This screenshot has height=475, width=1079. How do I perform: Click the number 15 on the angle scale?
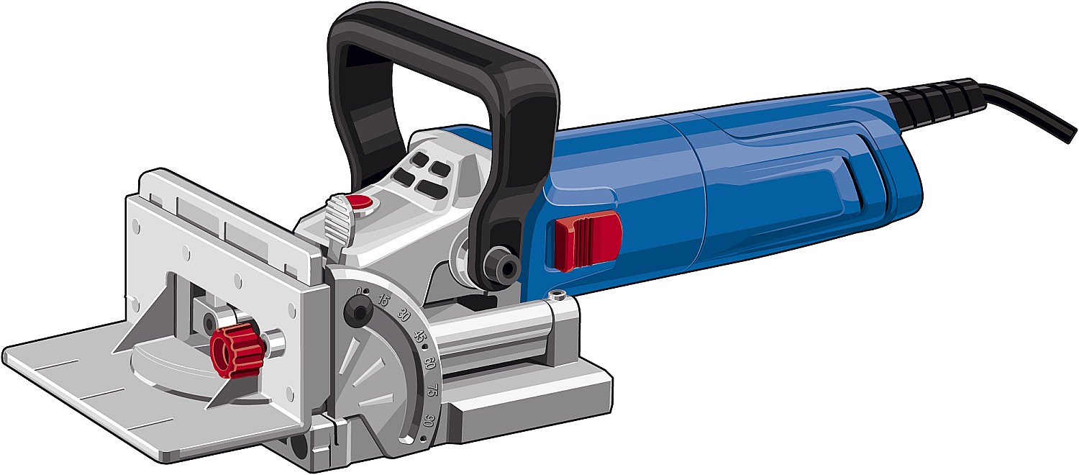(x=383, y=301)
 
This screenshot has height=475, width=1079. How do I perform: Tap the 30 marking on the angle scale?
(x=404, y=316)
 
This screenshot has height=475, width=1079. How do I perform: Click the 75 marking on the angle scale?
(x=432, y=390)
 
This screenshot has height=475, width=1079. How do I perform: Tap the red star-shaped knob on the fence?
(x=237, y=350)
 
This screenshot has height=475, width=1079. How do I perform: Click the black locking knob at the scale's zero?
(x=358, y=309)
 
